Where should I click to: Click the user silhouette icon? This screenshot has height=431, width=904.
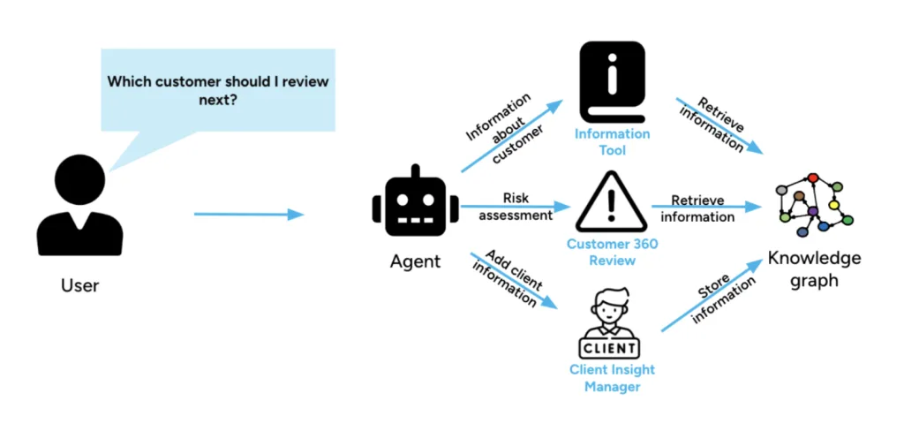coord(79,208)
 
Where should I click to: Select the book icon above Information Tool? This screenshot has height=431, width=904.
coord(613,83)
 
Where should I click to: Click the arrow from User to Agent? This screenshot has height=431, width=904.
coord(248,214)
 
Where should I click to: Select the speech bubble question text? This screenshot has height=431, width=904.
coord(218,90)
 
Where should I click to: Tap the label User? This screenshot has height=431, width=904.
coord(79,285)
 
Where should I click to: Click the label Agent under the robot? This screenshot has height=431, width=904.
coord(415,261)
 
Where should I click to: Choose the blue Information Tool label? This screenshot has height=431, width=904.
coord(613,142)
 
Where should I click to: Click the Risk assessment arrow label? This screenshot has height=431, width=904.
coord(516,206)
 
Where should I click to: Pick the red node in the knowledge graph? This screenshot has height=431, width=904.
coord(813,178)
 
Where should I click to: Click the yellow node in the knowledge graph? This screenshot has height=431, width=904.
coord(833,205)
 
